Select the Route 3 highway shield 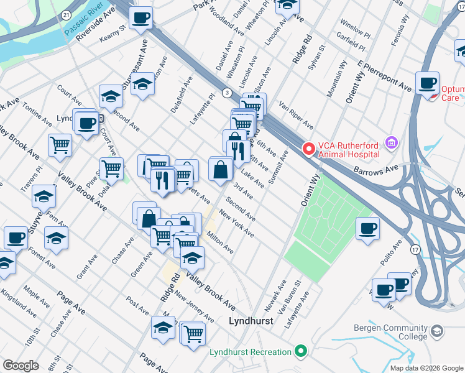coord(228,93)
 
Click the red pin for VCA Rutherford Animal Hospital coord(308,149)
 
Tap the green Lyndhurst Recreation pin coord(301,352)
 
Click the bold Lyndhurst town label coord(251,321)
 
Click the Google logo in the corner coord(21,365)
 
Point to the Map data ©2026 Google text coord(426,368)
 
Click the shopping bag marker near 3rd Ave coord(221,169)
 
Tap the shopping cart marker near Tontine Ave coord(60,145)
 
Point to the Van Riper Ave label coord(296,113)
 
